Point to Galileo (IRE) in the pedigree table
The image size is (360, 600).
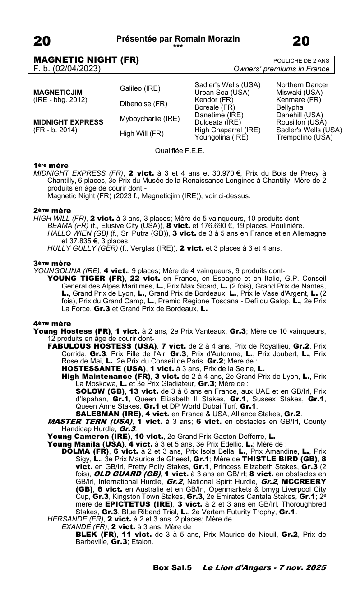point(140,88)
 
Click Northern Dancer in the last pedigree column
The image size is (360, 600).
point(302,85)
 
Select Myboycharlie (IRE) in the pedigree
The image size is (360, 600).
point(149,119)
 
